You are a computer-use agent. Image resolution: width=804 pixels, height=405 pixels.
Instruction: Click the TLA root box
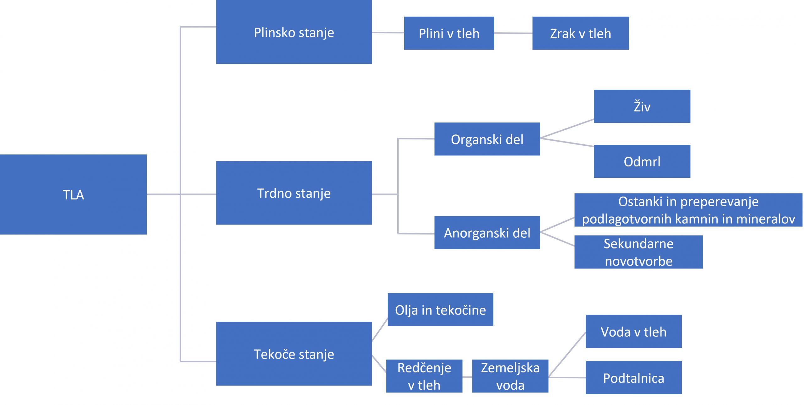[x=73, y=194]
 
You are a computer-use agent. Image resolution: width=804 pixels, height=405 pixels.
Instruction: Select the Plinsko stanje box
[x=294, y=32]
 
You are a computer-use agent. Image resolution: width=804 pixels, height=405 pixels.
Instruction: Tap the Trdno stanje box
[x=294, y=193]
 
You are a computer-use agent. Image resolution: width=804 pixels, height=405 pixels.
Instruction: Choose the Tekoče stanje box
[x=294, y=354]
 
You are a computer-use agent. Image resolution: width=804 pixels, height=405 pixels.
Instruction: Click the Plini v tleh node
[x=449, y=33]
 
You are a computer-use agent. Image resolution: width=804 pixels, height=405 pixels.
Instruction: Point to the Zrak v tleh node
[x=580, y=33]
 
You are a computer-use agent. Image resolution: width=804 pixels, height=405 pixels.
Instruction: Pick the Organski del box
[x=487, y=139]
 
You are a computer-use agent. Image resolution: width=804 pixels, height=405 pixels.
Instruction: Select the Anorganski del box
[x=487, y=233]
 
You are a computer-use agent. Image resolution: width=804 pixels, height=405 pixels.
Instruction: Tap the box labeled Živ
[x=642, y=106]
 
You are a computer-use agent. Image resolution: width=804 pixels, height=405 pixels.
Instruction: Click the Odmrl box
[x=642, y=161]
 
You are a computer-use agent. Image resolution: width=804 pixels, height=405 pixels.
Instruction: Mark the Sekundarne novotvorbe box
[x=638, y=252]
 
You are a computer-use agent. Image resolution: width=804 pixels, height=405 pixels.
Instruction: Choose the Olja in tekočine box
[x=440, y=310]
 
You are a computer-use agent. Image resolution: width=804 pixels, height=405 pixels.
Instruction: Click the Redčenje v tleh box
[x=424, y=376]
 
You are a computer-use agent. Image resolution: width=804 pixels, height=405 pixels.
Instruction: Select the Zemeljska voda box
[x=510, y=376]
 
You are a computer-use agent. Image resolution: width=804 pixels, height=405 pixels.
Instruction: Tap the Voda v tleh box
[x=633, y=332]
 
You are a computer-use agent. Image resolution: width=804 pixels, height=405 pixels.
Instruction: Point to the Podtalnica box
[x=633, y=378]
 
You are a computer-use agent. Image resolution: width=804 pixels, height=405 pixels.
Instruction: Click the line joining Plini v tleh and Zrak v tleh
[x=513, y=33]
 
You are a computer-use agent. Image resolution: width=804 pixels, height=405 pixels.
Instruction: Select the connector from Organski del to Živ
[x=567, y=129]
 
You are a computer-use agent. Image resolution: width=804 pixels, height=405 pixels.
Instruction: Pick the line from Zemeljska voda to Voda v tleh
[x=567, y=354]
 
